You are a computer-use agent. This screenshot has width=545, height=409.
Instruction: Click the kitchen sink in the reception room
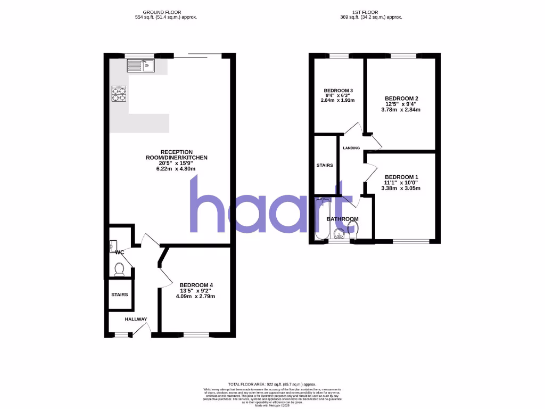tap(140, 66)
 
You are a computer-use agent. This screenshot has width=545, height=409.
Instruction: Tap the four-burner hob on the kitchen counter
tap(120, 94)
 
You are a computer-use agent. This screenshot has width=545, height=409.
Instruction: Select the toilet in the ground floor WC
tap(119, 269)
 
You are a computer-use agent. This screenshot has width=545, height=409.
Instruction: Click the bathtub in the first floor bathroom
tap(320, 220)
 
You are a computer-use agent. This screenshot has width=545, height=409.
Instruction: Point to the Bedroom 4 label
tap(196, 284)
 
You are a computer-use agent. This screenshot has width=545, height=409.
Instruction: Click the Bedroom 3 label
tap(337, 90)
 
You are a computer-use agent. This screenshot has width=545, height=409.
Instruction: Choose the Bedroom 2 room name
tap(401, 99)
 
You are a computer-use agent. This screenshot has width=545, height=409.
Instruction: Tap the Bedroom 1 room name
tap(401, 177)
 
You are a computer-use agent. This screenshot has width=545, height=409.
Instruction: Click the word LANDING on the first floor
tap(351, 148)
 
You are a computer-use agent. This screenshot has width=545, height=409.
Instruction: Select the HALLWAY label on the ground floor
tap(136, 319)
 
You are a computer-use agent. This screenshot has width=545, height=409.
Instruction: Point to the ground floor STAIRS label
tap(119, 295)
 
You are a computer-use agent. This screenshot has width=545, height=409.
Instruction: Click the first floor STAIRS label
tap(325, 166)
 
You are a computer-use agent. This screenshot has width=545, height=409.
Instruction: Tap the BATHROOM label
tap(342, 219)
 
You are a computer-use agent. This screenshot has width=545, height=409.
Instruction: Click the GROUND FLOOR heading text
tap(166, 12)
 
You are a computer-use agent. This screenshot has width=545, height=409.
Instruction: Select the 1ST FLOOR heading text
tap(371, 12)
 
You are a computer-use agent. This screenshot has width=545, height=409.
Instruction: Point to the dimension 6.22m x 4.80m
tap(177, 169)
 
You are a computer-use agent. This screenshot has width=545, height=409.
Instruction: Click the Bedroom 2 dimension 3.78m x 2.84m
tap(401, 110)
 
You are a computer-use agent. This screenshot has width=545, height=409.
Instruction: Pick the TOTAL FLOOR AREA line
tap(272, 384)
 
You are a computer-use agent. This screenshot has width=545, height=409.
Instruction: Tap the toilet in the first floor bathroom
tap(353, 229)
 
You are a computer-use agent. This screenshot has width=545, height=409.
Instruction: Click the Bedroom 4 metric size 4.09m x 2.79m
tap(196, 297)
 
